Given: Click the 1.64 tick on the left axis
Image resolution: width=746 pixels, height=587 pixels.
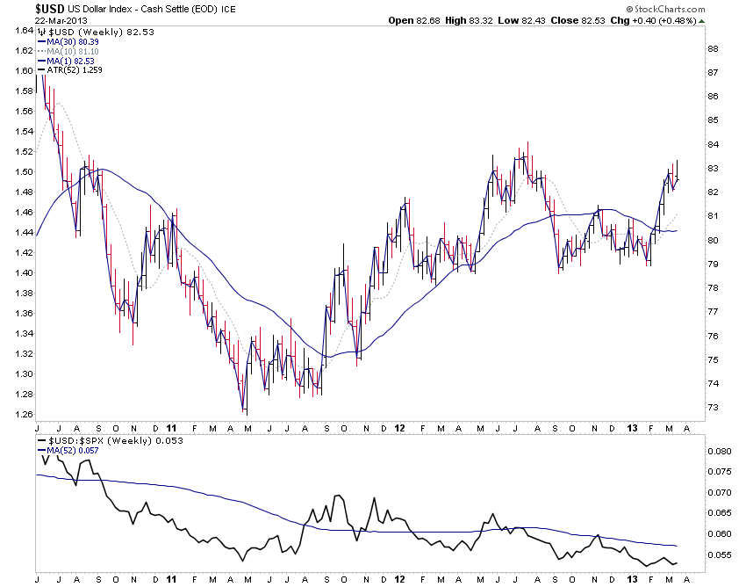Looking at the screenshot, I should point(23,30).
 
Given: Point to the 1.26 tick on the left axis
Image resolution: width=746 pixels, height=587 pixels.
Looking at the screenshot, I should point(23,414).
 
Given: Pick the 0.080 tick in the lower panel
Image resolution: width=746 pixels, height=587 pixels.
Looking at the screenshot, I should point(720,452).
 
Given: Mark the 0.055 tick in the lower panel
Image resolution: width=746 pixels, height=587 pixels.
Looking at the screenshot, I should point(720,555).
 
